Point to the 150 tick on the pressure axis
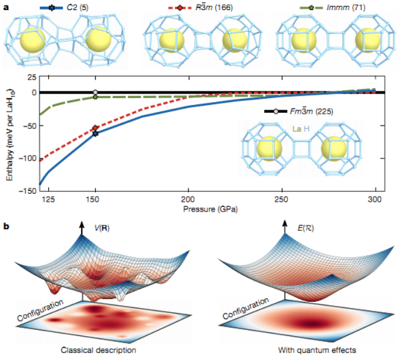click(95, 198)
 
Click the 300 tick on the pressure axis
click(375, 198)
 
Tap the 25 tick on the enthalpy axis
click(31, 76)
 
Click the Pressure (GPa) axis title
click(207, 208)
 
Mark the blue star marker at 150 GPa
click(95, 134)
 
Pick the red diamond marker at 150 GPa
click(95, 128)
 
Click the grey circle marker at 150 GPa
click(95, 92)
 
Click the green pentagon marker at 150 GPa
click(95, 98)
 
